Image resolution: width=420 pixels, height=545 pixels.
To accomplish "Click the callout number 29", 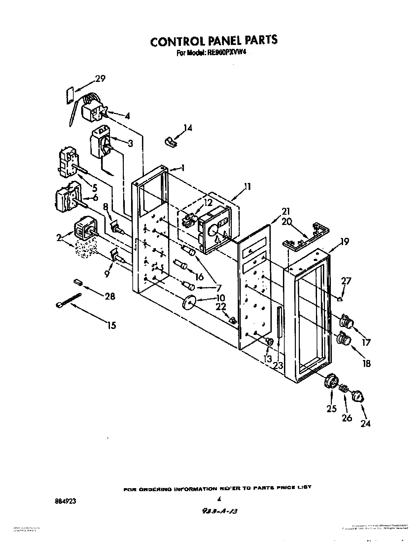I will click(x=100, y=79).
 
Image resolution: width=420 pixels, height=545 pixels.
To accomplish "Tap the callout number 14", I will click(x=188, y=128).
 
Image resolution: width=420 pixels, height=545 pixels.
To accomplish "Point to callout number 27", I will click(x=346, y=281).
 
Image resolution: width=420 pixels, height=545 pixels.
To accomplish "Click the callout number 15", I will click(x=112, y=325).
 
